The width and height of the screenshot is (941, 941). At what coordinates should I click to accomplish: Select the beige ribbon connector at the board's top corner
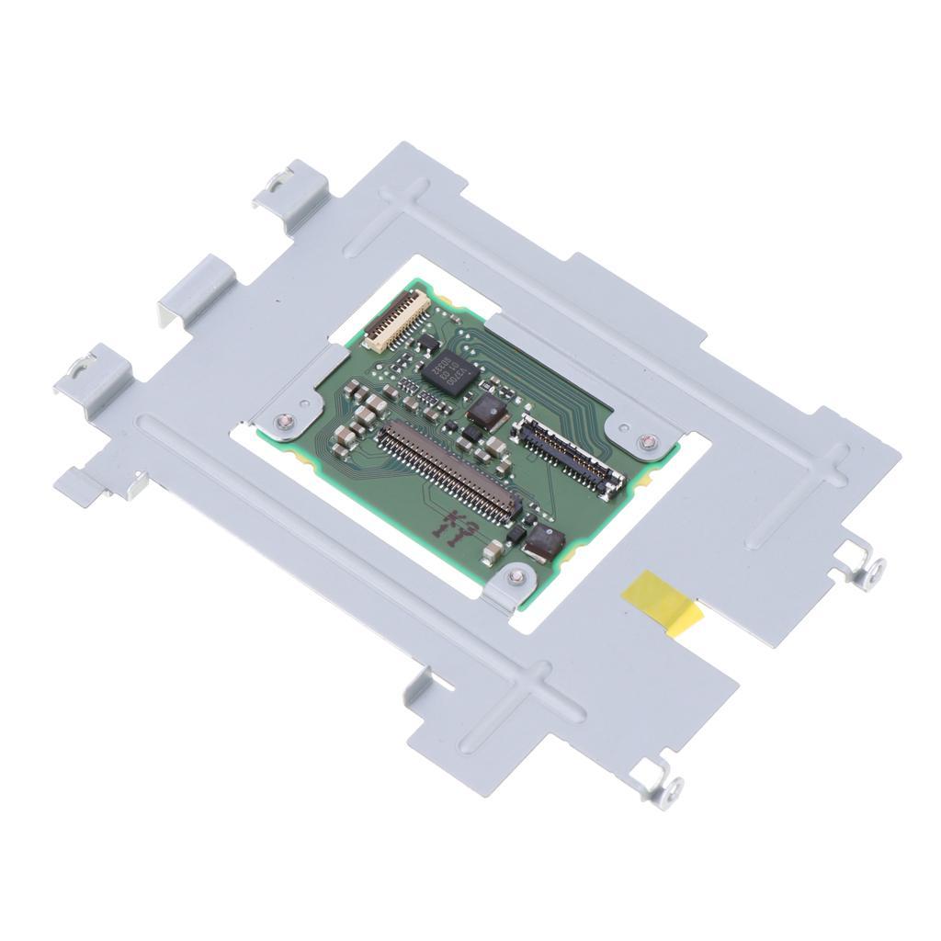click(397, 322)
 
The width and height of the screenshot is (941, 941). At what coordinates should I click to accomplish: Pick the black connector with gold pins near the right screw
click(569, 453)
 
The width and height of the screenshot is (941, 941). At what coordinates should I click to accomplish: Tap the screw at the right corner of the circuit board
click(649, 443)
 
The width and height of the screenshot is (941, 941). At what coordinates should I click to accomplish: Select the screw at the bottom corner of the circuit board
click(516, 576)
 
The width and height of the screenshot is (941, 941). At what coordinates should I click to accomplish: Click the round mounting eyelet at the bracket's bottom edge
click(673, 788)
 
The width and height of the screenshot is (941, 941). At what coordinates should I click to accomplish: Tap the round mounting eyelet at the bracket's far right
click(874, 568)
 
